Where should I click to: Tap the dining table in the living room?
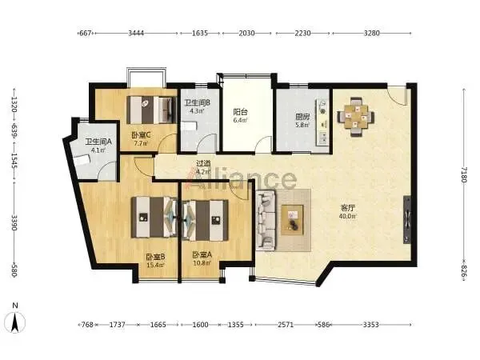356,116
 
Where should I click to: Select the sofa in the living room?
266,220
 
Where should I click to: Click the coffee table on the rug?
292,220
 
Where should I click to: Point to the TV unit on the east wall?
407,219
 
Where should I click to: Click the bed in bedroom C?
151,110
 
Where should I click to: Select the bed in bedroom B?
154,217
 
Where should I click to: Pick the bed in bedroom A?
205,220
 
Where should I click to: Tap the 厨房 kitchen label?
302,117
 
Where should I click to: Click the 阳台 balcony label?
241,112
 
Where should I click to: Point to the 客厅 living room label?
347,208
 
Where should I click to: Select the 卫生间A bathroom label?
98,142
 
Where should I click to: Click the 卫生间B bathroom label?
197,103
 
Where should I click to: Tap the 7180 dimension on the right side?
464,175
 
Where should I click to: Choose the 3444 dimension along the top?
136,33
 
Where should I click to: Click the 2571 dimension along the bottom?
286,325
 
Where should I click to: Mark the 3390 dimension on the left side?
14,222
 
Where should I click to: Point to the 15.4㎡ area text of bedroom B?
155,265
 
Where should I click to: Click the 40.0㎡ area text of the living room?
347,216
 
